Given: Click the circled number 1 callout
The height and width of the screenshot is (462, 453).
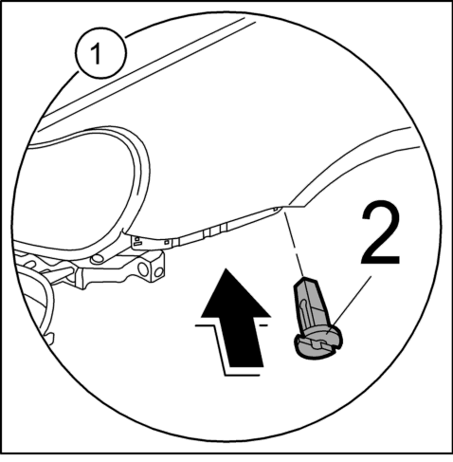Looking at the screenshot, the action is [x=100, y=52].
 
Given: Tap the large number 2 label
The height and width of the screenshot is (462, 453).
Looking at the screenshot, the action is [x=380, y=233].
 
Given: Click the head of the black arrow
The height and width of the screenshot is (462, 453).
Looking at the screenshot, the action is [x=236, y=293].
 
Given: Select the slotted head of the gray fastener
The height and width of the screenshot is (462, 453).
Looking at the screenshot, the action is [x=318, y=342].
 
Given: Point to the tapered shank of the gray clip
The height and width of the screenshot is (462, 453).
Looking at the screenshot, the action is [x=310, y=305].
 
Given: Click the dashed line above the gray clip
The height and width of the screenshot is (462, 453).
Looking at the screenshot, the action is [x=294, y=244].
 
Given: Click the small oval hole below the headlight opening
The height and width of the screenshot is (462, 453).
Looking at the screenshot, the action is [x=97, y=259].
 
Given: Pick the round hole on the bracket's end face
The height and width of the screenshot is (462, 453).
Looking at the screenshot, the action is [x=159, y=272].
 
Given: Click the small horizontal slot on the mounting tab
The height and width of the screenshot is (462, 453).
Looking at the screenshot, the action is [x=137, y=243].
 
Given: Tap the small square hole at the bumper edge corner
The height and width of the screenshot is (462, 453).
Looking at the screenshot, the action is [x=276, y=209].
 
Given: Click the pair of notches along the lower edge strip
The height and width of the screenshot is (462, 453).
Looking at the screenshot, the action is [x=215, y=230].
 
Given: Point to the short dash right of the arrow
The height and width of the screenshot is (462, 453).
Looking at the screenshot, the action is [x=263, y=324].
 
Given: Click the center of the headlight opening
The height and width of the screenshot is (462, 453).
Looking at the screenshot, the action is [x=79, y=190].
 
